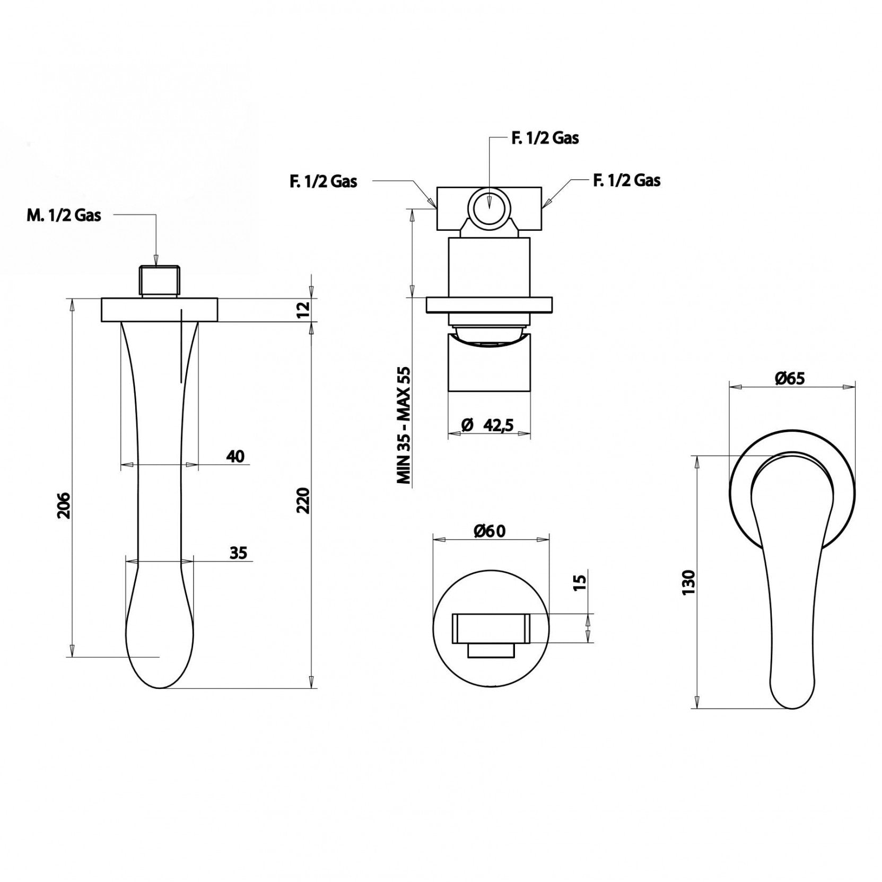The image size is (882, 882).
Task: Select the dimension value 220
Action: (x=303, y=500)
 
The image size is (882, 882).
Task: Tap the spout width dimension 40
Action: (x=235, y=456)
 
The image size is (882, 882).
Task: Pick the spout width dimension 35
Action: (x=239, y=553)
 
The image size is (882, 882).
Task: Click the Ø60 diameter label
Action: (x=491, y=530)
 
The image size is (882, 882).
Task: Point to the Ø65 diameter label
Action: (x=789, y=378)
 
